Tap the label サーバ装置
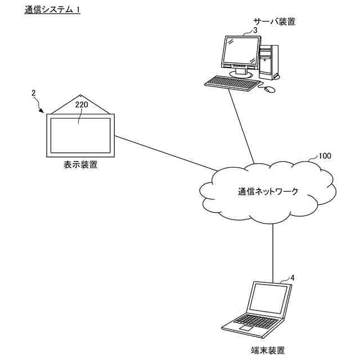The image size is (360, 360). pos(274,22)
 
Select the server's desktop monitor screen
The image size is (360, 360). pos(241,51)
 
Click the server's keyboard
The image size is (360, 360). pos(231,82)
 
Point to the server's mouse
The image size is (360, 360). pos(271,89)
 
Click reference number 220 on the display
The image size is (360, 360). pos(82,105)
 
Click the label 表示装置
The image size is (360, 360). pos(80,165)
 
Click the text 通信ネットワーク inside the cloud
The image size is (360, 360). pos(268,191)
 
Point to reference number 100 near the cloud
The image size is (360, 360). pos(325,155)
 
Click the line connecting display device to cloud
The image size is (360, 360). pos(163,154)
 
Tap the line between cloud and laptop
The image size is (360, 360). pos(273,250)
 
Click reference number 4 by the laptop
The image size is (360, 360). pos(292,277)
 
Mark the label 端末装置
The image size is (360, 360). pos(268,350)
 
